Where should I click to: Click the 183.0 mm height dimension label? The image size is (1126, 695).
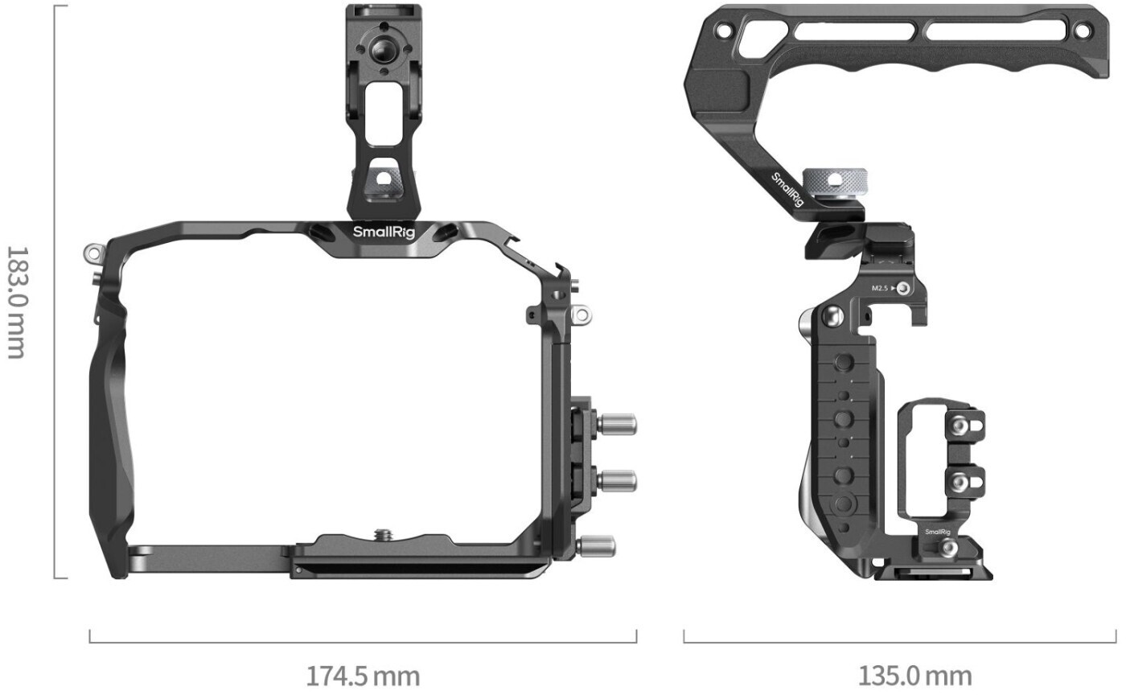tap(17, 302)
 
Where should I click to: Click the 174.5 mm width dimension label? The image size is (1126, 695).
tap(363, 676)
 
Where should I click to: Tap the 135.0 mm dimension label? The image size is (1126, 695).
tap(915, 676)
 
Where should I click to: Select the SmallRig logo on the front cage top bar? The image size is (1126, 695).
tap(384, 232)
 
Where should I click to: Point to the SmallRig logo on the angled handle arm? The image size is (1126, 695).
tap(787, 189)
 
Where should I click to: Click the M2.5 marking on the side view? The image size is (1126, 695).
tap(880, 288)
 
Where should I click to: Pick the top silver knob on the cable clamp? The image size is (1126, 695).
tap(617, 424)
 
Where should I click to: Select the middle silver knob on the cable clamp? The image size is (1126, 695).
tap(617, 481)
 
